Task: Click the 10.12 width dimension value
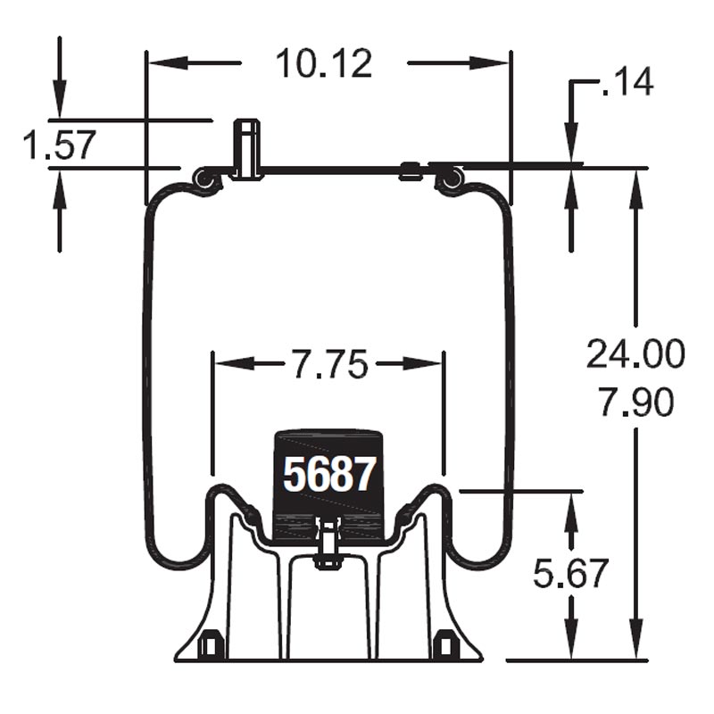pos(323,64)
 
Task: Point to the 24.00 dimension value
pos(635,354)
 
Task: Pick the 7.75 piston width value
pos(328,364)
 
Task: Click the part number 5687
pos(328,474)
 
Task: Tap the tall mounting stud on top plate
pos(247,147)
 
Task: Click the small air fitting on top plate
pos(411,170)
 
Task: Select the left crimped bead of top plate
pos(207,180)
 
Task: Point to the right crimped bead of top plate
pos(449,180)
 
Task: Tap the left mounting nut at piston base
pos(212,643)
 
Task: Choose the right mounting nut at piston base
pos(444,643)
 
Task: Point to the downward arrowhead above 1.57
pos(59,106)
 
